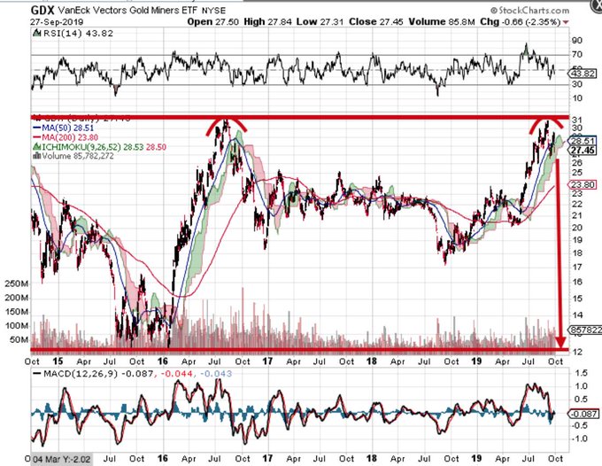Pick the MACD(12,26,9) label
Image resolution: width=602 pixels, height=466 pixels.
66,374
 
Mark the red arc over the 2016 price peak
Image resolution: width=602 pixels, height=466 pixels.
226,127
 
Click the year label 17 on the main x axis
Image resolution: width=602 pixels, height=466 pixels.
266,361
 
